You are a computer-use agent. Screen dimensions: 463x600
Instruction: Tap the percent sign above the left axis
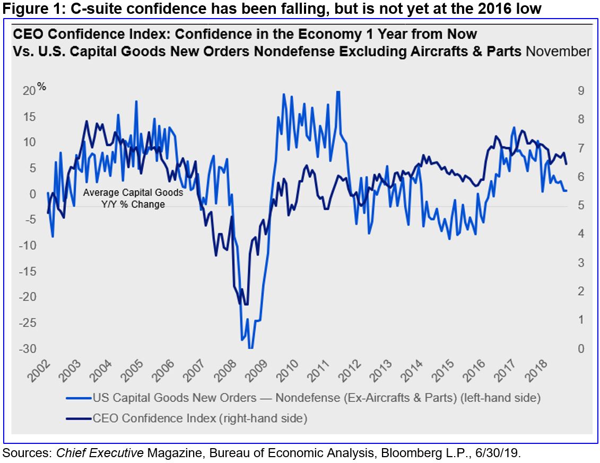pos(41,87)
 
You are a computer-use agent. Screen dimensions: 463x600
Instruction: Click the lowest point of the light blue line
pos(250,348)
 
